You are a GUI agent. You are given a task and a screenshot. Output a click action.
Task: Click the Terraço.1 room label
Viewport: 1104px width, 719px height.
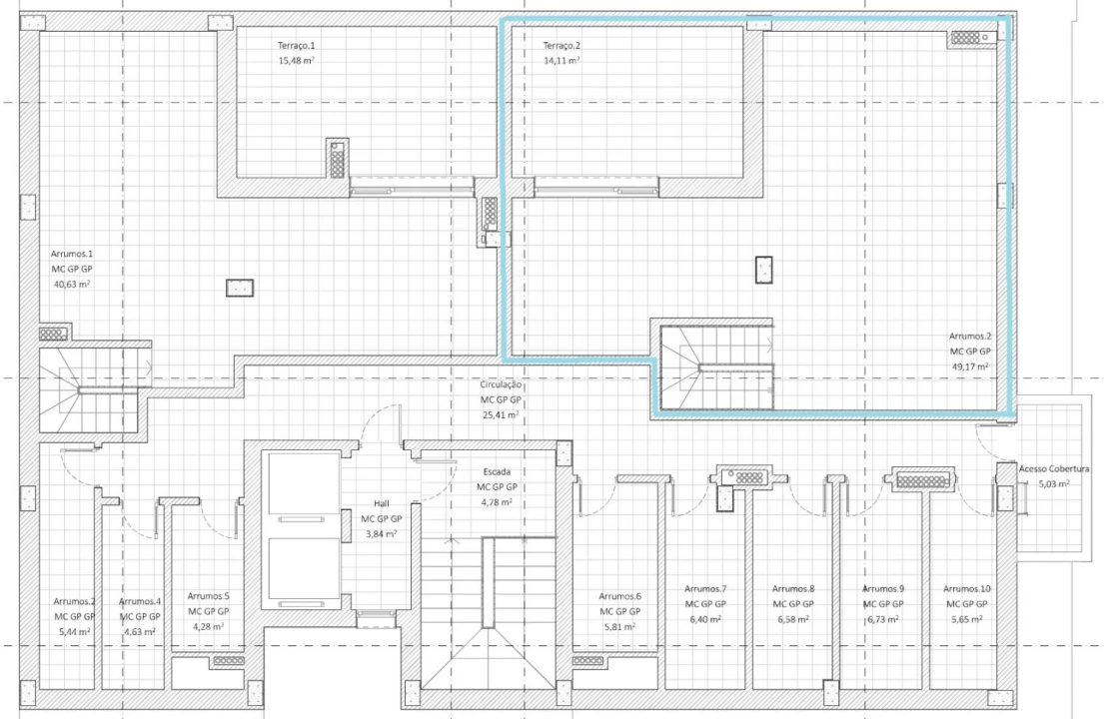(x=297, y=46)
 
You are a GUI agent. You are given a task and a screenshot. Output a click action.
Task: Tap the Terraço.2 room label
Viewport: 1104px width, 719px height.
(x=561, y=46)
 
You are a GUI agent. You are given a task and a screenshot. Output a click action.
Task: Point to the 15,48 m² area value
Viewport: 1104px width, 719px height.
(x=297, y=61)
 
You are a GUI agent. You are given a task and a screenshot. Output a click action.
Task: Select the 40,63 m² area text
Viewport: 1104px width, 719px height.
(x=72, y=284)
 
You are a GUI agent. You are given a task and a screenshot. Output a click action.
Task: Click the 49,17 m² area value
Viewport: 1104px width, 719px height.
(x=969, y=366)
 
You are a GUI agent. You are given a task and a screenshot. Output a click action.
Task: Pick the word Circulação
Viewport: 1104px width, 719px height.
(x=501, y=383)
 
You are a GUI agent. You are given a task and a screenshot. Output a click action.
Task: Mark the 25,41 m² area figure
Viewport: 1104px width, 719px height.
(x=501, y=414)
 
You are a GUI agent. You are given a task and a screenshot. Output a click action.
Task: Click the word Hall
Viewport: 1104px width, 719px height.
(x=382, y=503)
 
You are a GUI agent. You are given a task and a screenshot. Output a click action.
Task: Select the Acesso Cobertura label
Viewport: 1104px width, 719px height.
(x=1047, y=468)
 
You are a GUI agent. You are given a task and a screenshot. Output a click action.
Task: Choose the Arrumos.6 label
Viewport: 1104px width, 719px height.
(x=619, y=595)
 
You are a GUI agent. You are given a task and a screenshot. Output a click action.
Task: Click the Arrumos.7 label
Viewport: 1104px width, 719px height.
(x=705, y=588)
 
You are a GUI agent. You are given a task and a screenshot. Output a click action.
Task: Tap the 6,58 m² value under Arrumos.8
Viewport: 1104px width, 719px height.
(x=793, y=619)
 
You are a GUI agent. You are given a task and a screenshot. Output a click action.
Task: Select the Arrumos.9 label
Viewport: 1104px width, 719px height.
(x=883, y=588)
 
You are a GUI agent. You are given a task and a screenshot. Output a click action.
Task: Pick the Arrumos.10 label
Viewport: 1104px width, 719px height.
(x=967, y=588)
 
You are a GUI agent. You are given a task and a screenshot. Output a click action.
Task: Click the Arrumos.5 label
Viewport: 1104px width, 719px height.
(x=208, y=595)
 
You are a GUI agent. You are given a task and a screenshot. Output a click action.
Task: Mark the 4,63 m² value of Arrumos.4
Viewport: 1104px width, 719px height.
(x=140, y=631)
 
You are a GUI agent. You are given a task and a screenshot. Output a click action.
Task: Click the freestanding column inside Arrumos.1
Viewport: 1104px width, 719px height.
(x=240, y=288)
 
